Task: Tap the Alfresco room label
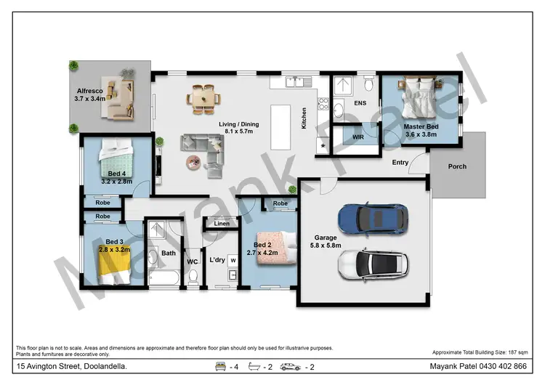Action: coord(90,94)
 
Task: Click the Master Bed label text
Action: coord(421,130)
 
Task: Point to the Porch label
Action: coord(457,166)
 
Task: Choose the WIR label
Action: coord(358,137)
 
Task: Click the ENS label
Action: coord(360,104)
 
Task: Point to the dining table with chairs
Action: coord(204,98)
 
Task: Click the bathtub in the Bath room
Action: coord(166,276)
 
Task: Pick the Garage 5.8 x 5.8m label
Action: coord(325,242)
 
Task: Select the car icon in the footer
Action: coord(290,366)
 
